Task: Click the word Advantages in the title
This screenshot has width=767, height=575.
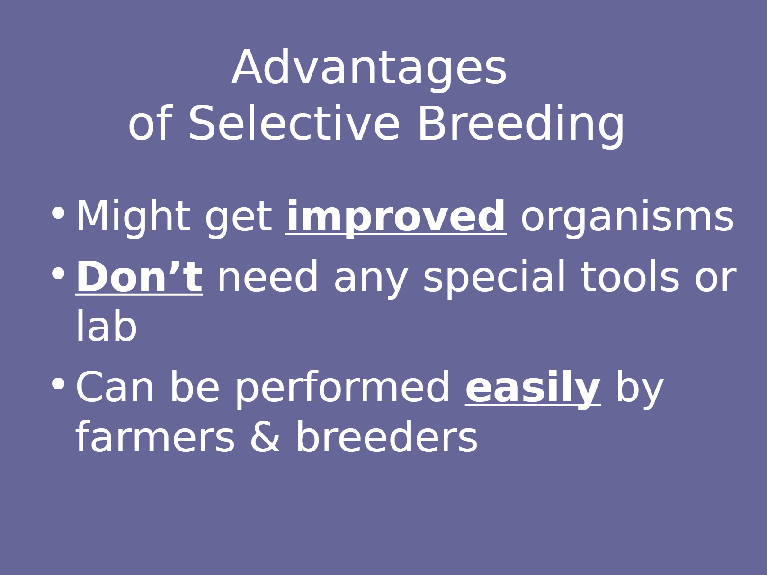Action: (369, 69)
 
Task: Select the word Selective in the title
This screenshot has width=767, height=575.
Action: (294, 123)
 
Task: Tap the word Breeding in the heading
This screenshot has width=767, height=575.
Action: (521, 126)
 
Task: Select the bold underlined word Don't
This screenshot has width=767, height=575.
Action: (139, 277)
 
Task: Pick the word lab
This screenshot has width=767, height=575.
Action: (106, 326)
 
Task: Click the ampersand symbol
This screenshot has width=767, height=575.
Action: (265, 436)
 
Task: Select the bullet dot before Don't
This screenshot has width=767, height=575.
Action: (58, 274)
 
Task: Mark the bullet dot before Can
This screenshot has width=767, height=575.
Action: (58, 383)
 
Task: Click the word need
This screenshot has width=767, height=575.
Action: (268, 277)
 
